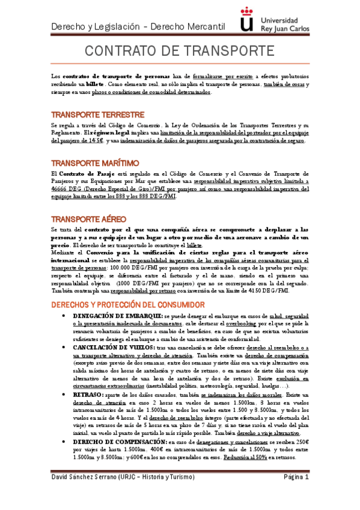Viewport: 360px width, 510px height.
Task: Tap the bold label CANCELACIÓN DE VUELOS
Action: pyautogui.click(x=114, y=348)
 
